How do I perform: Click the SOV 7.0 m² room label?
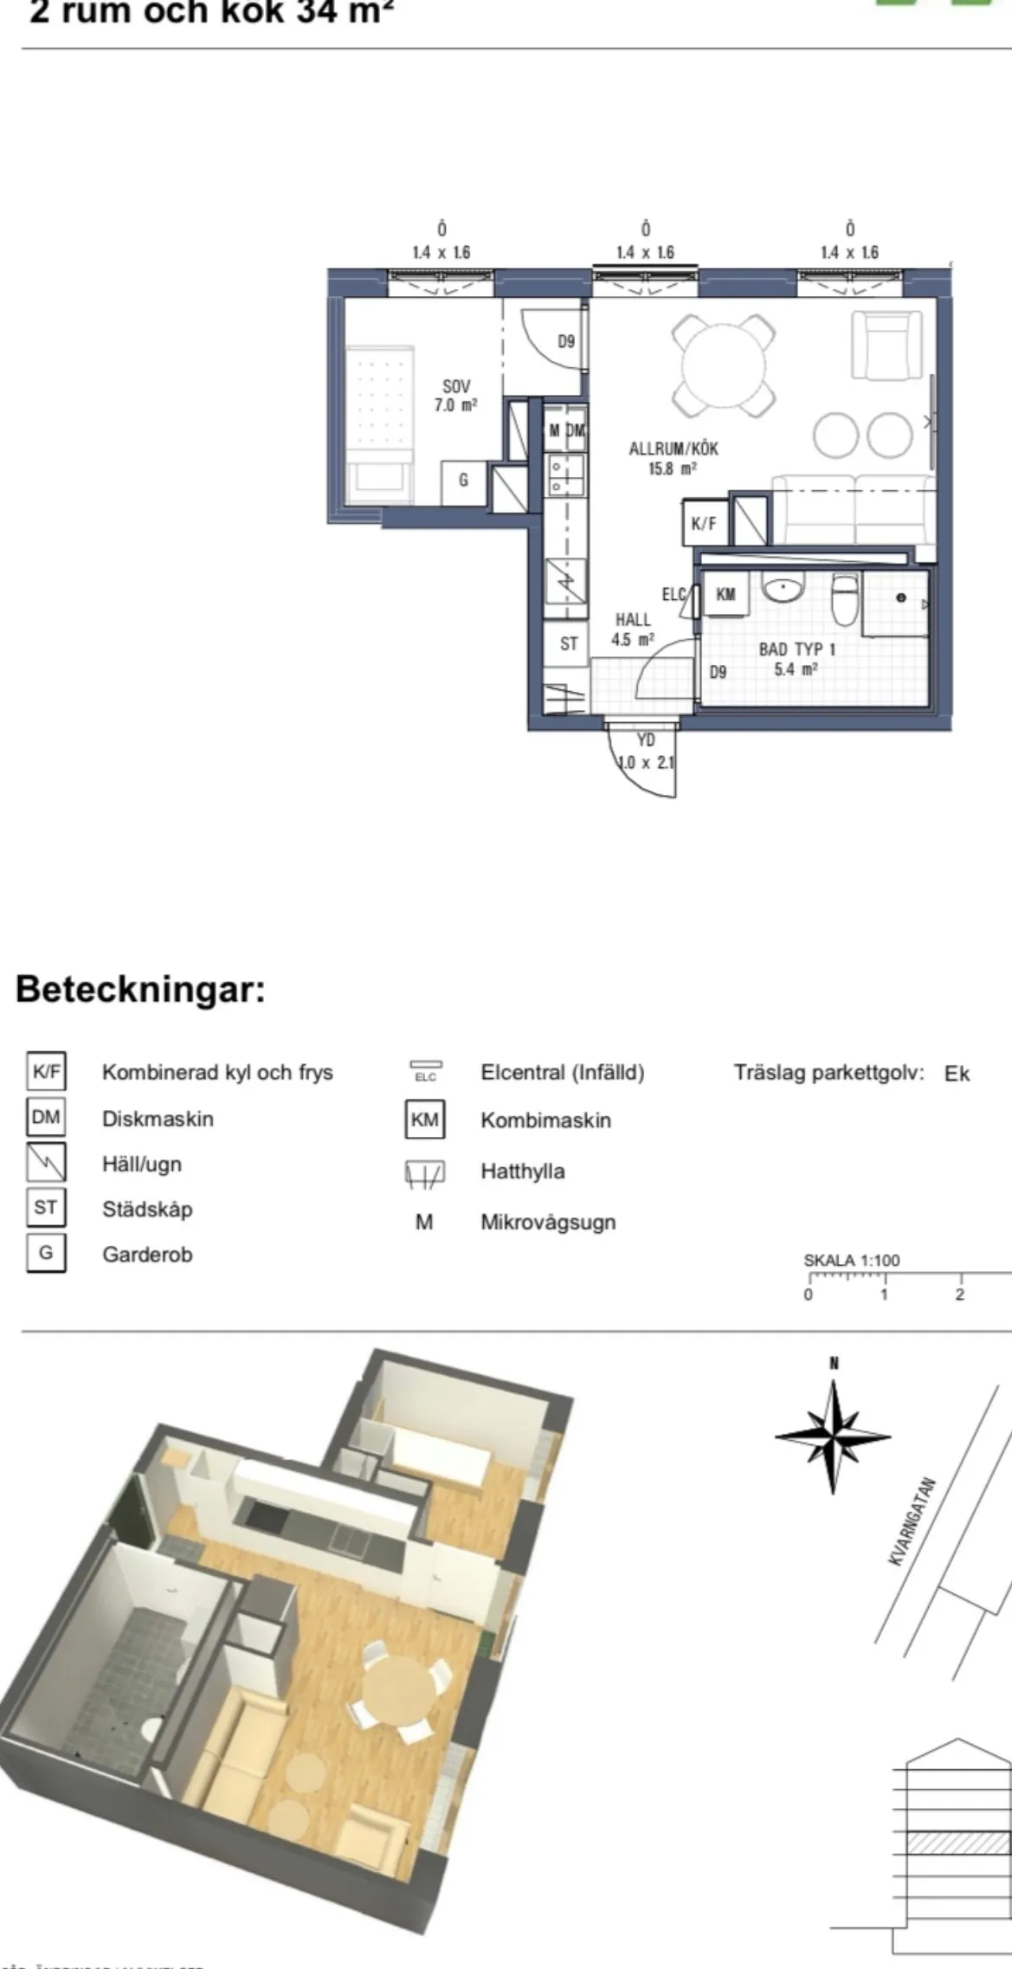(456, 395)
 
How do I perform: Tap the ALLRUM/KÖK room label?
(674, 458)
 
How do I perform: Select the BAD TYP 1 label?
(796, 658)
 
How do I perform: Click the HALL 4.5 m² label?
(633, 629)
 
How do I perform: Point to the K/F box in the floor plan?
(704, 523)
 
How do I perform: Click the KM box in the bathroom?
(725, 594)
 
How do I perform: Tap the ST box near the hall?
(569, 643)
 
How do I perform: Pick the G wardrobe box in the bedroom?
(463, 479)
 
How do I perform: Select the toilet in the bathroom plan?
(844, 598)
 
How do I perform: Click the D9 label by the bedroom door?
(565, 341)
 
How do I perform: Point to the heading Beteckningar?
(140, 989)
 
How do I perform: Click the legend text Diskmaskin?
(158, 1119)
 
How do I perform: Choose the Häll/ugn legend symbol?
(46, 1164)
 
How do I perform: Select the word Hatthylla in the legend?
(523, 1172)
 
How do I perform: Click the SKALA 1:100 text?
(851, 1260)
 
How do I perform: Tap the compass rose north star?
(833, 1436)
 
